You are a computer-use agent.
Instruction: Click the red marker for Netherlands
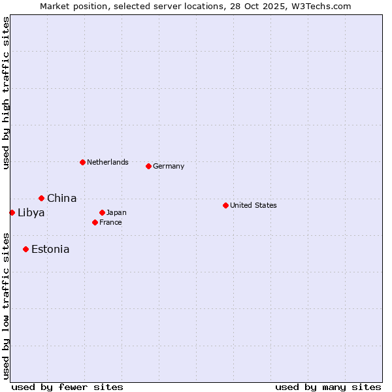point(82,162)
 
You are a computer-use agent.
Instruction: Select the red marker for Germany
point(148,166)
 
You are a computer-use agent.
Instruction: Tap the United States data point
point(225,205)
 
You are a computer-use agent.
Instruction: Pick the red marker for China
point(41,198)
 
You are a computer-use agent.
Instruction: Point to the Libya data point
point(12,212)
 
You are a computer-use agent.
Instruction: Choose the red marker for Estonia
point(25,249)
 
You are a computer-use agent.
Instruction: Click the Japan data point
point(102,212)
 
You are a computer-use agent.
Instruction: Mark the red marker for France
point(95,222)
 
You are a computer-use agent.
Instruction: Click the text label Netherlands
point(107,162)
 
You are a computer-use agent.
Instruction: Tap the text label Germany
point(169,166)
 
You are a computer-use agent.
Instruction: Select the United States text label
point(253,205)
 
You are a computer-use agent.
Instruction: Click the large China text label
point(61,198)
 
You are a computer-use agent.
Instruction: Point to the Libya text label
point(31,212)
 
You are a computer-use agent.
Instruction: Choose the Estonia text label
point(50,249)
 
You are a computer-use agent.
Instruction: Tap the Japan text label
point(116,212)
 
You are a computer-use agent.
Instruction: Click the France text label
point(110,222)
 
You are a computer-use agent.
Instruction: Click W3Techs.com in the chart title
point(321,6)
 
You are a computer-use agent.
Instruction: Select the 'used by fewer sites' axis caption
point(67,387)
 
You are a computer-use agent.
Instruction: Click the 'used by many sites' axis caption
point(328,387)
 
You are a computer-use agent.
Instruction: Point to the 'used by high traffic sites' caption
point(6,93)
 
